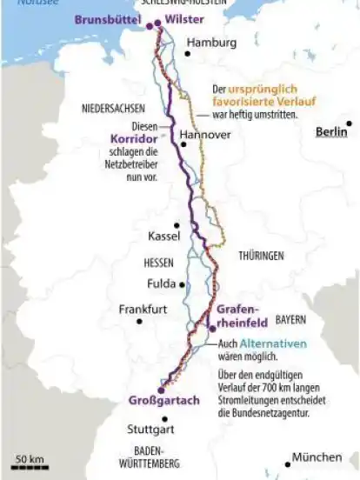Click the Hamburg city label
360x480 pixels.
click(211, 43)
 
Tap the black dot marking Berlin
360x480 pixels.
click(350, 132)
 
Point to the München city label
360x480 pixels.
click(317, 457)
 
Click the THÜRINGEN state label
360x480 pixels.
click(262, 256)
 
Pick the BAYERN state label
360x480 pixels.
click(291, 319)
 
